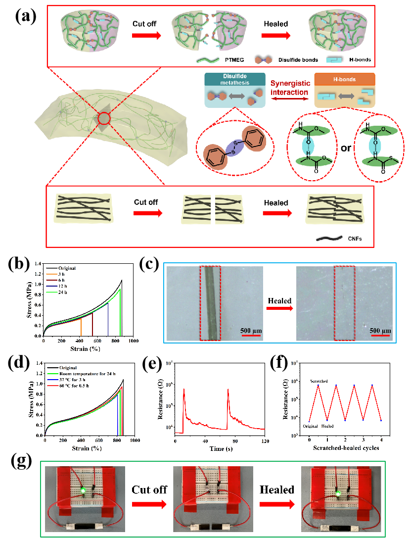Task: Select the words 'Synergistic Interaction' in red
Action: pyautogui.click(x=290, y=89)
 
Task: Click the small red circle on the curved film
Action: pyautogui.click(x=104, y=118)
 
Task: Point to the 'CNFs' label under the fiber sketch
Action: pyautogui.click(x=352, y=239)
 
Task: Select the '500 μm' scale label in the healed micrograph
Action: pyautogui.click(x=380, y=331)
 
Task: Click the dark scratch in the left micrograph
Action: pyautogui.click(x=210, y=302)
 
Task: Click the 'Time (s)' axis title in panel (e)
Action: pyautogui.click(x=220, y=448)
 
